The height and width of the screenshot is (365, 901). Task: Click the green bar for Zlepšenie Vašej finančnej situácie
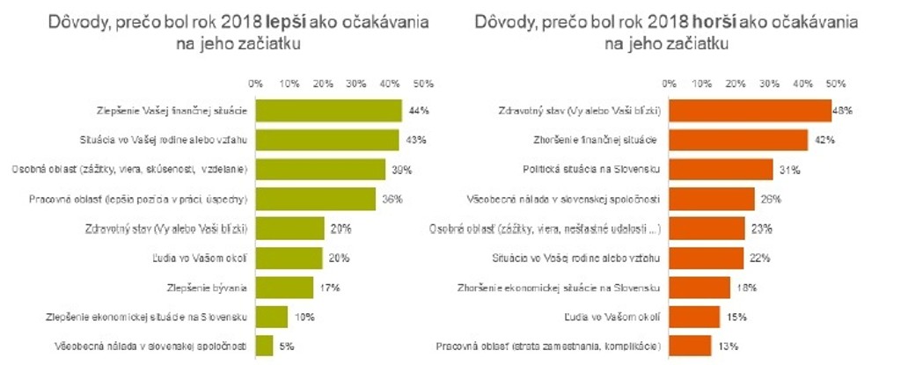328,111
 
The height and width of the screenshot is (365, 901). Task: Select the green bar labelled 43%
326,140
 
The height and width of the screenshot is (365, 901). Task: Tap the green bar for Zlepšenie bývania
283,288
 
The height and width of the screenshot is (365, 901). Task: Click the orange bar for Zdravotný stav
750,111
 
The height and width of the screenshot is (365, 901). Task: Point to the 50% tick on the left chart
423,84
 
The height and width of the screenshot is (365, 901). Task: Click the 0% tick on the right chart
669,84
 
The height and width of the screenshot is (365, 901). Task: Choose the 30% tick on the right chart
769,84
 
